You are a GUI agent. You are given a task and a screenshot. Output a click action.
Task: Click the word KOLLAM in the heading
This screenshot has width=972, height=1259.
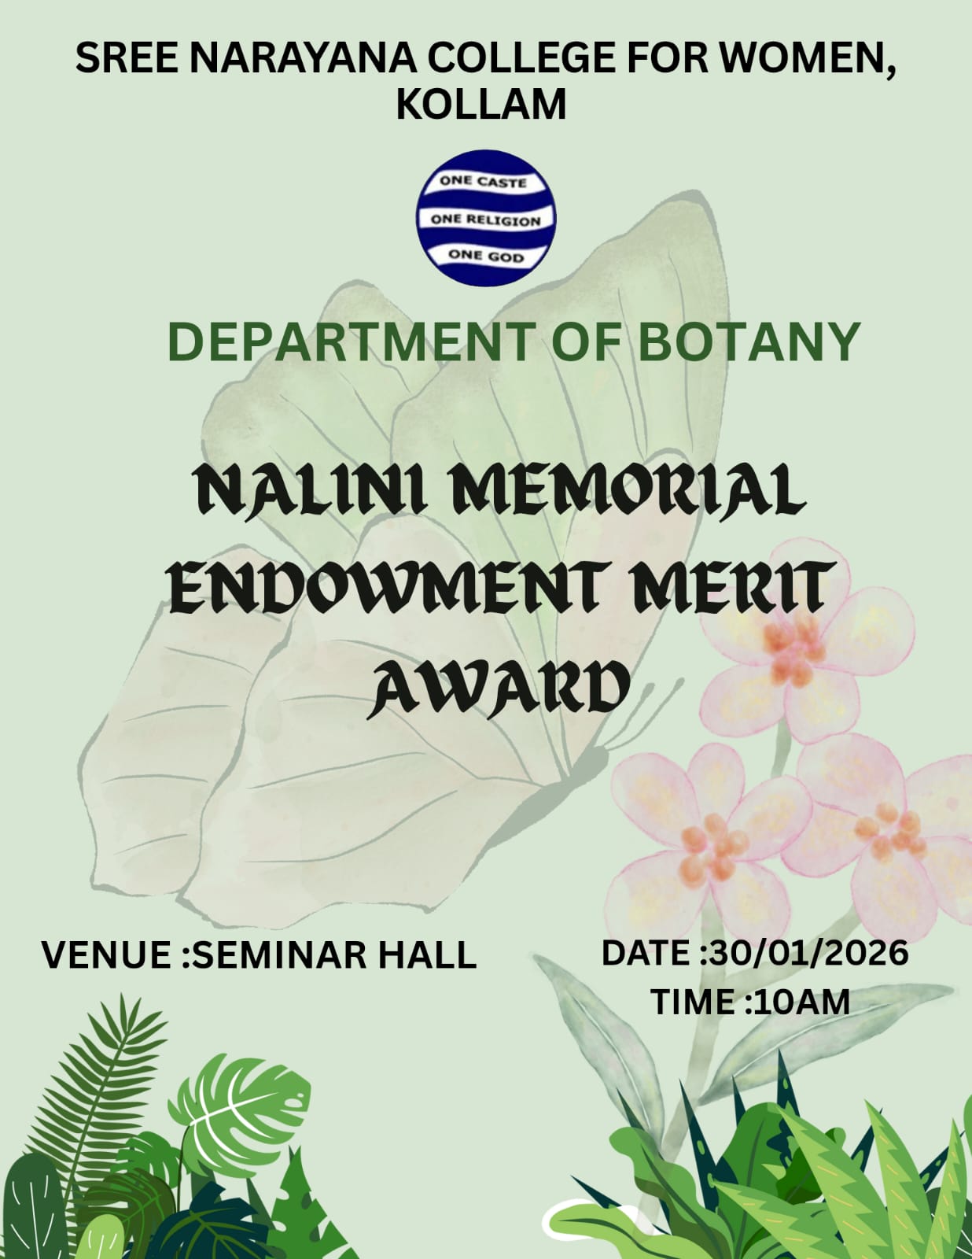(x=481, y=104)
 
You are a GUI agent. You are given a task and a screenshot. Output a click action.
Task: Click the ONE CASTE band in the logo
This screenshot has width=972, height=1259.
(x=483, y=182)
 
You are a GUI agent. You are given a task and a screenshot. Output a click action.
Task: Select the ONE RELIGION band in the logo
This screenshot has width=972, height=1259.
(x=485, y=220)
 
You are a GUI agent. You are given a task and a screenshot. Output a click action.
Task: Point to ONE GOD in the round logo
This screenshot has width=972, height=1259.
(x=485, y=256)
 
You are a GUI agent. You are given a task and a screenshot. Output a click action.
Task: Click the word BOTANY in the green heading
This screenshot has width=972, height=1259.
(x=749, y=342)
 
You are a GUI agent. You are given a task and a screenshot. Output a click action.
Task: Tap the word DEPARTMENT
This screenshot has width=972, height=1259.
(x=350, y=342)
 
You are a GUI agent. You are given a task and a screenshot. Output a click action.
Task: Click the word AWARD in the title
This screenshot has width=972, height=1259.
(x=500, y=688)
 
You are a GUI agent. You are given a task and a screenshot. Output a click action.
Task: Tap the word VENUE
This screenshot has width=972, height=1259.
(x=105, y=955)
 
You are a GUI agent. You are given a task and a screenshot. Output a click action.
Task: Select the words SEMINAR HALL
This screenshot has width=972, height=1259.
(x=335, y=955)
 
